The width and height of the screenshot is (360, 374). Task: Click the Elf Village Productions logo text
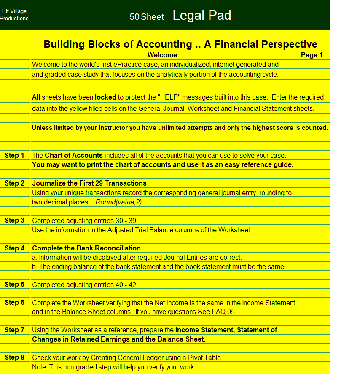click(14, 15)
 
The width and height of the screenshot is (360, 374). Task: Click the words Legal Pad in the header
click(202, 16)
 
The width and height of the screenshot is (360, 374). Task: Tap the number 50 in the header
click(134, 17)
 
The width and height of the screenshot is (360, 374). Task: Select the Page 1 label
click(312, 55)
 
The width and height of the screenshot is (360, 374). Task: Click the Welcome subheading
click(162, 55)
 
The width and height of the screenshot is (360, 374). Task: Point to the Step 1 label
click(15, 156)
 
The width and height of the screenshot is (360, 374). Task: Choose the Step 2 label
click(15, 183)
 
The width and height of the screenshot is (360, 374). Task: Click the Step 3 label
click(15, 221)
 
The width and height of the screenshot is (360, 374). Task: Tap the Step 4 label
click(15, 248)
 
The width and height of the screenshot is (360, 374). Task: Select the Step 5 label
click(15, 285)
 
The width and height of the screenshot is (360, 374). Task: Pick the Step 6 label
click(15, 303)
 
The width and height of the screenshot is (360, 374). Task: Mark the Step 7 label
click(15, 330)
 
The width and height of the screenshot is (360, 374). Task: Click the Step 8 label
click(15, 358)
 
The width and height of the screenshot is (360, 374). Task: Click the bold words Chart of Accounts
click(73, 156)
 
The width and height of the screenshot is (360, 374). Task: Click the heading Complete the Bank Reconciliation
click(86, 248)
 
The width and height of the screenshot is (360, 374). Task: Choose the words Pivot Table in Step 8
click(204, 358)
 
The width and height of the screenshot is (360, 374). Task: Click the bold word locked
click(105, 97)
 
